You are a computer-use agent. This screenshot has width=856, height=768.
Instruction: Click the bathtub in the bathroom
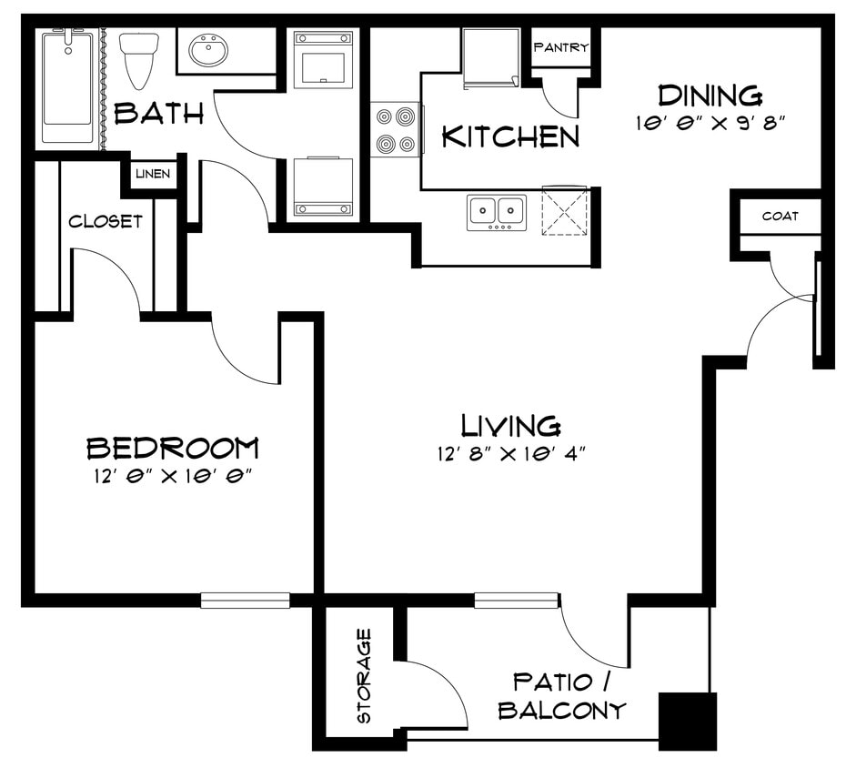click(67, 87)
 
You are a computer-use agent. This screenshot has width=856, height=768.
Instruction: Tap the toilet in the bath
click(139, 59)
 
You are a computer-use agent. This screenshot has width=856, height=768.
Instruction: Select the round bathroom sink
click(208, 51)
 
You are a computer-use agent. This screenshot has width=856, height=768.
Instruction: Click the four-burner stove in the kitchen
click(395, 130)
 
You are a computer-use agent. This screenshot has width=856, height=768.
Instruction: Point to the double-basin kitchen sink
click(497, 212)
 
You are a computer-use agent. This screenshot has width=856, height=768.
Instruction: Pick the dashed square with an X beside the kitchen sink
click(565, 211)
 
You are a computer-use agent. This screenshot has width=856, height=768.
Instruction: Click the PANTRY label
click(560, 47)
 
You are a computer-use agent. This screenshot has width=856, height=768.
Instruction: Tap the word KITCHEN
click(509, 136)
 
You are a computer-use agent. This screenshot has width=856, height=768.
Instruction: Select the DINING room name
click(710, 95)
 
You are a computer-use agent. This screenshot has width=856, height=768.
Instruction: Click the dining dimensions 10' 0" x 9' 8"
click(710, 123)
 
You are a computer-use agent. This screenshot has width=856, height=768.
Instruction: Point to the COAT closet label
click(780, 216)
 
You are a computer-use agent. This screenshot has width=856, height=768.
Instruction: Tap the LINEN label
click(153, 174)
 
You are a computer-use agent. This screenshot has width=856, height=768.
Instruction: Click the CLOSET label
click(106, 221)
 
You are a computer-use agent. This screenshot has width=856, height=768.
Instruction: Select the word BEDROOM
click(172, 448)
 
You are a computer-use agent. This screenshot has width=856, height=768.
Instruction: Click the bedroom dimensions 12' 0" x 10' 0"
click(171, 477)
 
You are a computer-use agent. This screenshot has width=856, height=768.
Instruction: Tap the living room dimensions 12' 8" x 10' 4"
click(509, 454)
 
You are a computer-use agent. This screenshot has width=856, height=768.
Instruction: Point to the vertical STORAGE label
click(364, 675)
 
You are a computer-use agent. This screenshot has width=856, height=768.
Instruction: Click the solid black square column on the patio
click(687, 722)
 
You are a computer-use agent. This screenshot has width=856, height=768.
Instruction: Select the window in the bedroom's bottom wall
click(245, 601)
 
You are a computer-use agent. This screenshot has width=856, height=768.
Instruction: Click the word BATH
click(158, 114)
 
